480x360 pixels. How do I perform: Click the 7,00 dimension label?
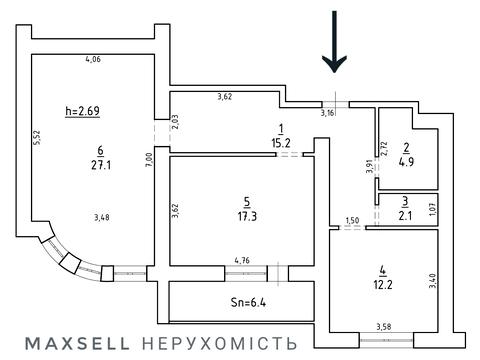pos(147,158)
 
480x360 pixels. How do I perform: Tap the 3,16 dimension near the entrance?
pos(327,113)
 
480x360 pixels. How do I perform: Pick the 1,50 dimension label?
pos(351,221)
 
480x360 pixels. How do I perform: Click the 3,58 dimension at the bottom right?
pos(383,326)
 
